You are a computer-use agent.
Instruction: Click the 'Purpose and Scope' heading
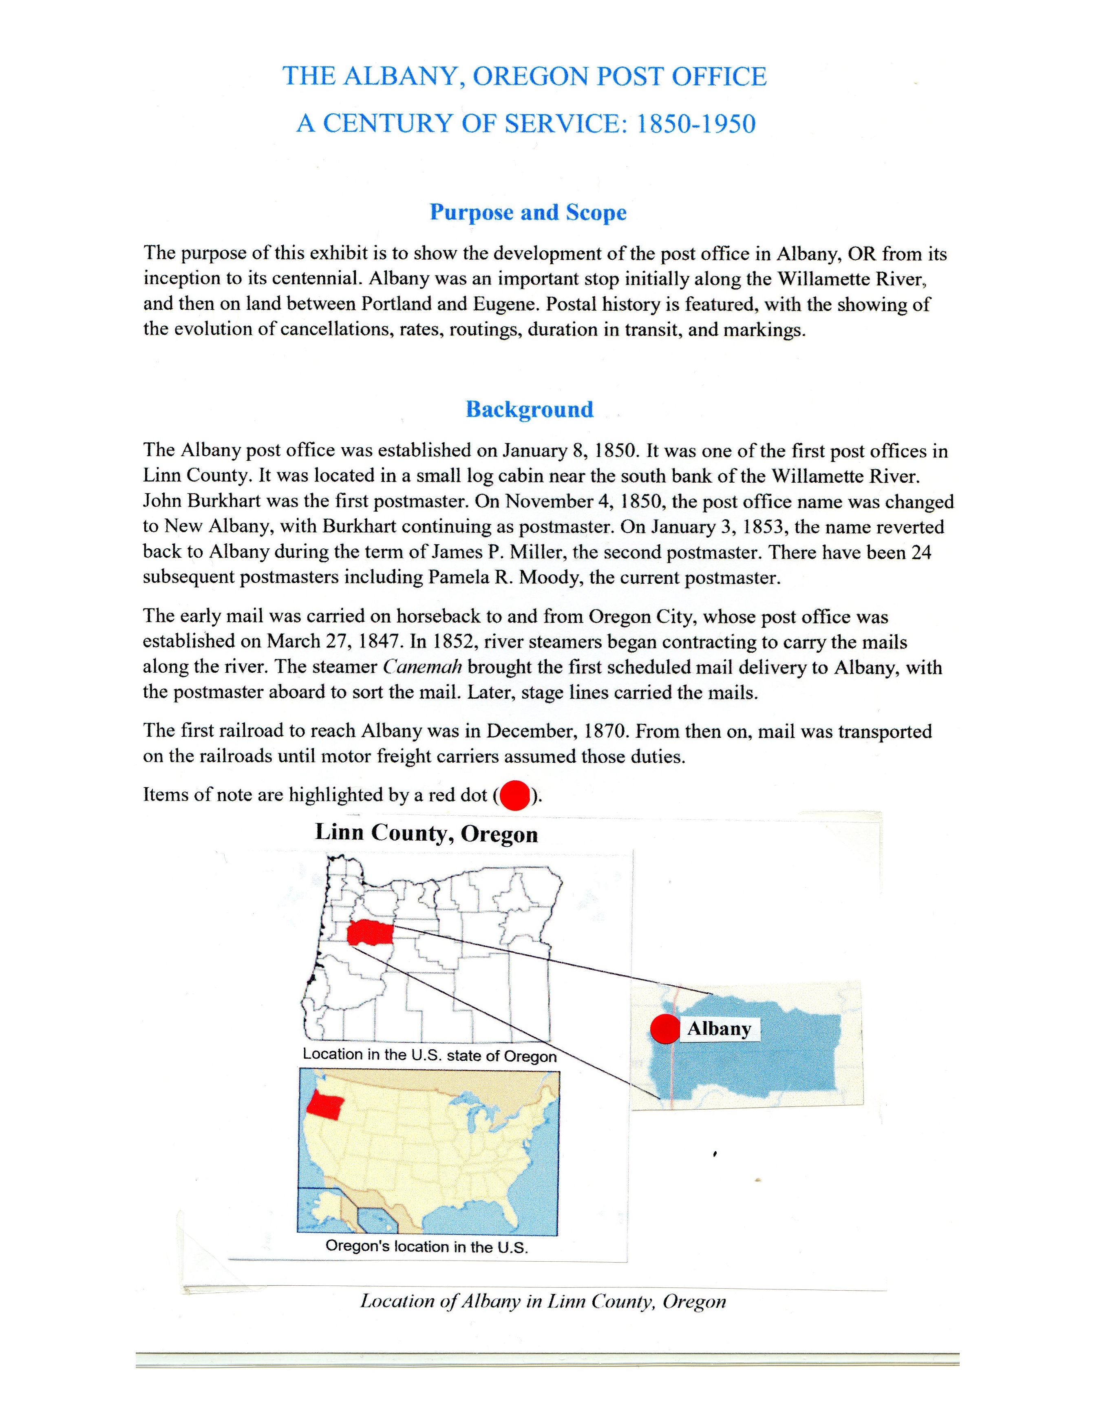tap(528, 213)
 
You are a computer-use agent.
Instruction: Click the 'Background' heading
tap(529, 409)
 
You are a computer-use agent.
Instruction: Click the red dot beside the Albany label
tap(665, 1029)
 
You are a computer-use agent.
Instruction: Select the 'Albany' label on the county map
tap(719, 1029)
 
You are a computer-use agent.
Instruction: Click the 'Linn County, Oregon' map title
tap(426, 833)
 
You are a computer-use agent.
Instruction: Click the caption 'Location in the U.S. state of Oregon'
tap(429, 1055)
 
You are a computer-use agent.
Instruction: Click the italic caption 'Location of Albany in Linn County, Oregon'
tap(543, 1302)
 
